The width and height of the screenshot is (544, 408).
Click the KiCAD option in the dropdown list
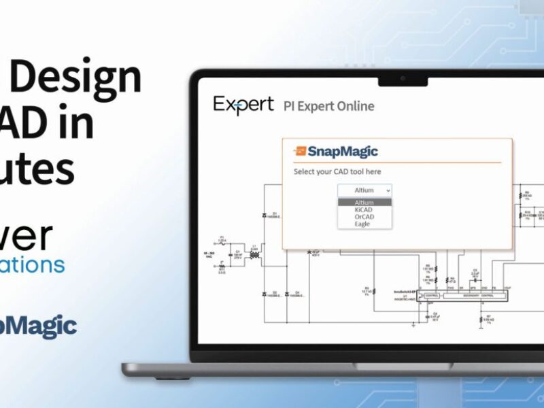click(363, 209)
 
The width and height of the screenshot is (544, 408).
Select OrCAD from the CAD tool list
click(363, 216)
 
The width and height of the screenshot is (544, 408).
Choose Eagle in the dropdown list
click(362, 224)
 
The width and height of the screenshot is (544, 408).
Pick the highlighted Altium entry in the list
click(364, 203)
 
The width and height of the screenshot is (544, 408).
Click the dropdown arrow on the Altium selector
click(387, 191)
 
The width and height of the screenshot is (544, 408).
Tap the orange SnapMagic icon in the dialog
click(300, 151)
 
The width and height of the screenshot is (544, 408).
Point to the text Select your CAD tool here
click(337, 172)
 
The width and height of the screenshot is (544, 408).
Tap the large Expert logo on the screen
click(243, 105)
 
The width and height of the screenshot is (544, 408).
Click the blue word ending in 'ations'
click(33, 264)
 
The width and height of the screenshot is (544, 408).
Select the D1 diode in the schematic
click(265, 216)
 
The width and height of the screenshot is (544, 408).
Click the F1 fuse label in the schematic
click(222, 241)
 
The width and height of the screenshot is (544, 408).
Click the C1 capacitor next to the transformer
click(237, 256)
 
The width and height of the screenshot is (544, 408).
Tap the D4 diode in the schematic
click(288, 294)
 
